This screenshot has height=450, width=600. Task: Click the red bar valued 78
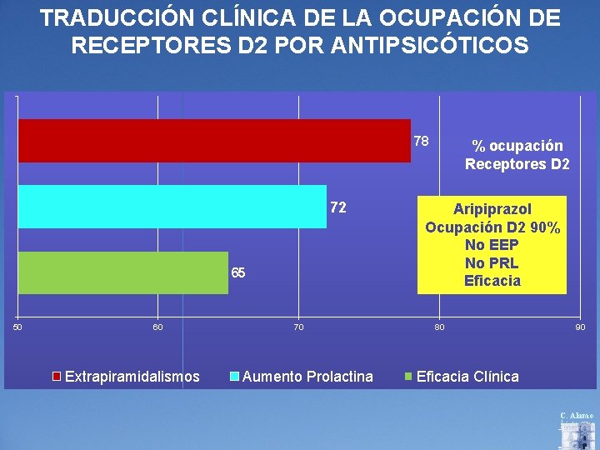pyautogui.click(x=214, y=141)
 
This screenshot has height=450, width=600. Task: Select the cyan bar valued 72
pyautogui.click(x=172, y=207)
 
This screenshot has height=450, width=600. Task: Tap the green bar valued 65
pyautogui.click(x=122, y=272)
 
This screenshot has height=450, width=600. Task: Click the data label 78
pyautogui.click(x=421, y=140)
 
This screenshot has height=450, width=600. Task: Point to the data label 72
pyautogui.click(x=337, y=207)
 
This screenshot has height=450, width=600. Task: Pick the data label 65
pyautogui.click(x=237, y=273)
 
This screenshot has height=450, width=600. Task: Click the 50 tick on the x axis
pyautogui.click(x=18, y=327)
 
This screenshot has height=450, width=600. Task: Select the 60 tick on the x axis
pyautogui.click(x=158, y=327)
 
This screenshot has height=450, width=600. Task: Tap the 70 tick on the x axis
pyautogui.click(x=298, y=327)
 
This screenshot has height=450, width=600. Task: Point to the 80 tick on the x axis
pyautogui.click(x=439, y=327)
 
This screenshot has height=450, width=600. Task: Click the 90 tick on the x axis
pyautogui.click(x=580, y=327)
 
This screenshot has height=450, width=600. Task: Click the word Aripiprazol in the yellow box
pyautogui.click(x=492, y=208)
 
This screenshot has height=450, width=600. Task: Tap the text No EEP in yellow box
pyautogui.click(x=492, y=245)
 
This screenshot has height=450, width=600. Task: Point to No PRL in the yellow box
pyautogui.click(x=492, y=263)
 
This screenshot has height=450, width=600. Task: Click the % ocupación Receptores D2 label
pyautogui.click(x=517, y=154)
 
